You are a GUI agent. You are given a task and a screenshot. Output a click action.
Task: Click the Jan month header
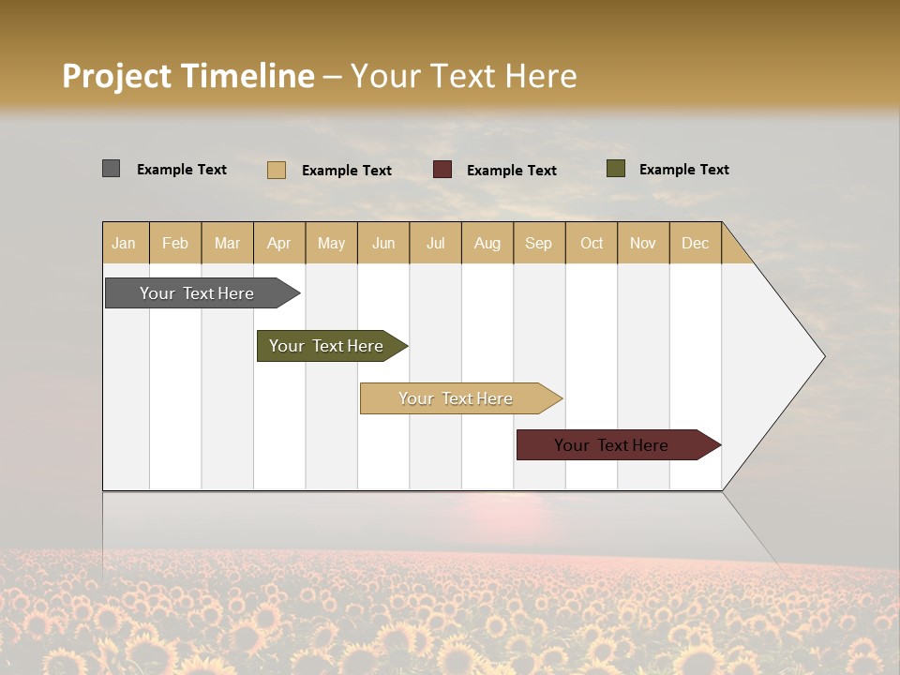pyautogui.click(x=124, y=243)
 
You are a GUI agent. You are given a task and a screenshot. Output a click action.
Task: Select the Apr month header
pyautogui.click(x=278, y=243)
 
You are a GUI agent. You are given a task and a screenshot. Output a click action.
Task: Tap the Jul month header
pyautogui.click(x=435, y=243)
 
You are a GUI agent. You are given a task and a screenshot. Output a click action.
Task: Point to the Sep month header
pyautogui.click(x=538, y=243)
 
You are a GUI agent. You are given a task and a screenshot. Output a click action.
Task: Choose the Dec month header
pyautogui.click(x=695, y=243)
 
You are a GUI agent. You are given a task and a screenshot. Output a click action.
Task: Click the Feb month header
pyautogui.click(x=175, y=243)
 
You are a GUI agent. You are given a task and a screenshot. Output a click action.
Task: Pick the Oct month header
pyautogui.click(x=592, y=243)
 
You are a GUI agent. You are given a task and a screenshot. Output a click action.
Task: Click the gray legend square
pyautogui.click(x=111, y=169)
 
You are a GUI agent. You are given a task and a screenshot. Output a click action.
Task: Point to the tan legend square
pyautogui.click(x=277, y=170)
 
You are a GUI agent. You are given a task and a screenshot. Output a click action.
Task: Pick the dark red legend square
pyautogui.click(x=442, y=170)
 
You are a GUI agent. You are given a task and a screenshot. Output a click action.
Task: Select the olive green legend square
pyautogui.click(x=615, y=169)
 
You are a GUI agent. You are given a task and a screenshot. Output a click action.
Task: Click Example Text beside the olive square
pyautogui.click(x=683, y=170)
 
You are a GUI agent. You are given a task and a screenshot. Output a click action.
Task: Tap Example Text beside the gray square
pyautogui.click(x=182, y=170)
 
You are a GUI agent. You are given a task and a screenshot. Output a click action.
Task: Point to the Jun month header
pyautogui.click(x=383, y=243)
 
